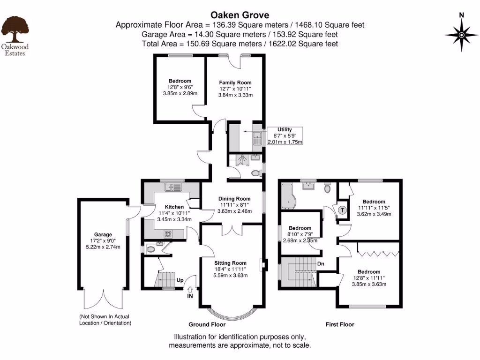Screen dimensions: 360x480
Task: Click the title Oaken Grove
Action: click(240, 15)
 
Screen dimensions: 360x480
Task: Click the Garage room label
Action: click(103, 234)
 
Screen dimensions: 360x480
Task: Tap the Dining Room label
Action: click(234, 199)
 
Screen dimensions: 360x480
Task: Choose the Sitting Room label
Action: click(230, 262)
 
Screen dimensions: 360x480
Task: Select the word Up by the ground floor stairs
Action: click(180, 280)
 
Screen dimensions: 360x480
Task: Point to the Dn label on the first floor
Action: click(321, 263)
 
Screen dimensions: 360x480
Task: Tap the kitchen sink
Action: click(172, 187)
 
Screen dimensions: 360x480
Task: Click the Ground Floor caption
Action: click(207, 324)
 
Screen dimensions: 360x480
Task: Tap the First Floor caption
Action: click(340, 324)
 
